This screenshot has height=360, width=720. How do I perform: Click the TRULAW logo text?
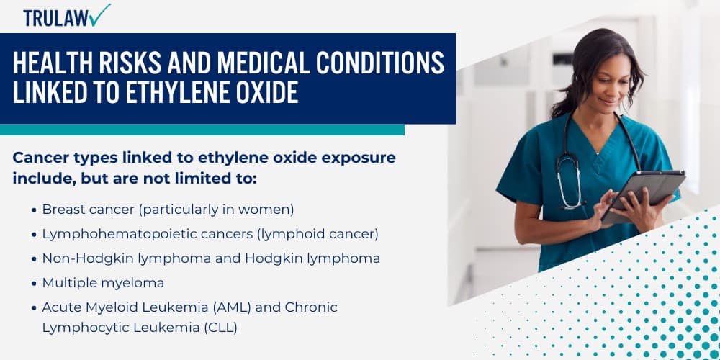[x=55, y=18]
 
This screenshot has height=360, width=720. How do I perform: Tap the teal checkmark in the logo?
[x=99, y=14]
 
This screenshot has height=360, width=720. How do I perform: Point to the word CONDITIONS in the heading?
[x=380, y=63]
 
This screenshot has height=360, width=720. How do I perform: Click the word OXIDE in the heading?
[x=271, y=92]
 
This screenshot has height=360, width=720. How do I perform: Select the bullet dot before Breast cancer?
[x=34, y=211]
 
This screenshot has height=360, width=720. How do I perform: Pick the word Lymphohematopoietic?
[x=108, y=235]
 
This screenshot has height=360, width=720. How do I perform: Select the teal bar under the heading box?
[x=202, y=130]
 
